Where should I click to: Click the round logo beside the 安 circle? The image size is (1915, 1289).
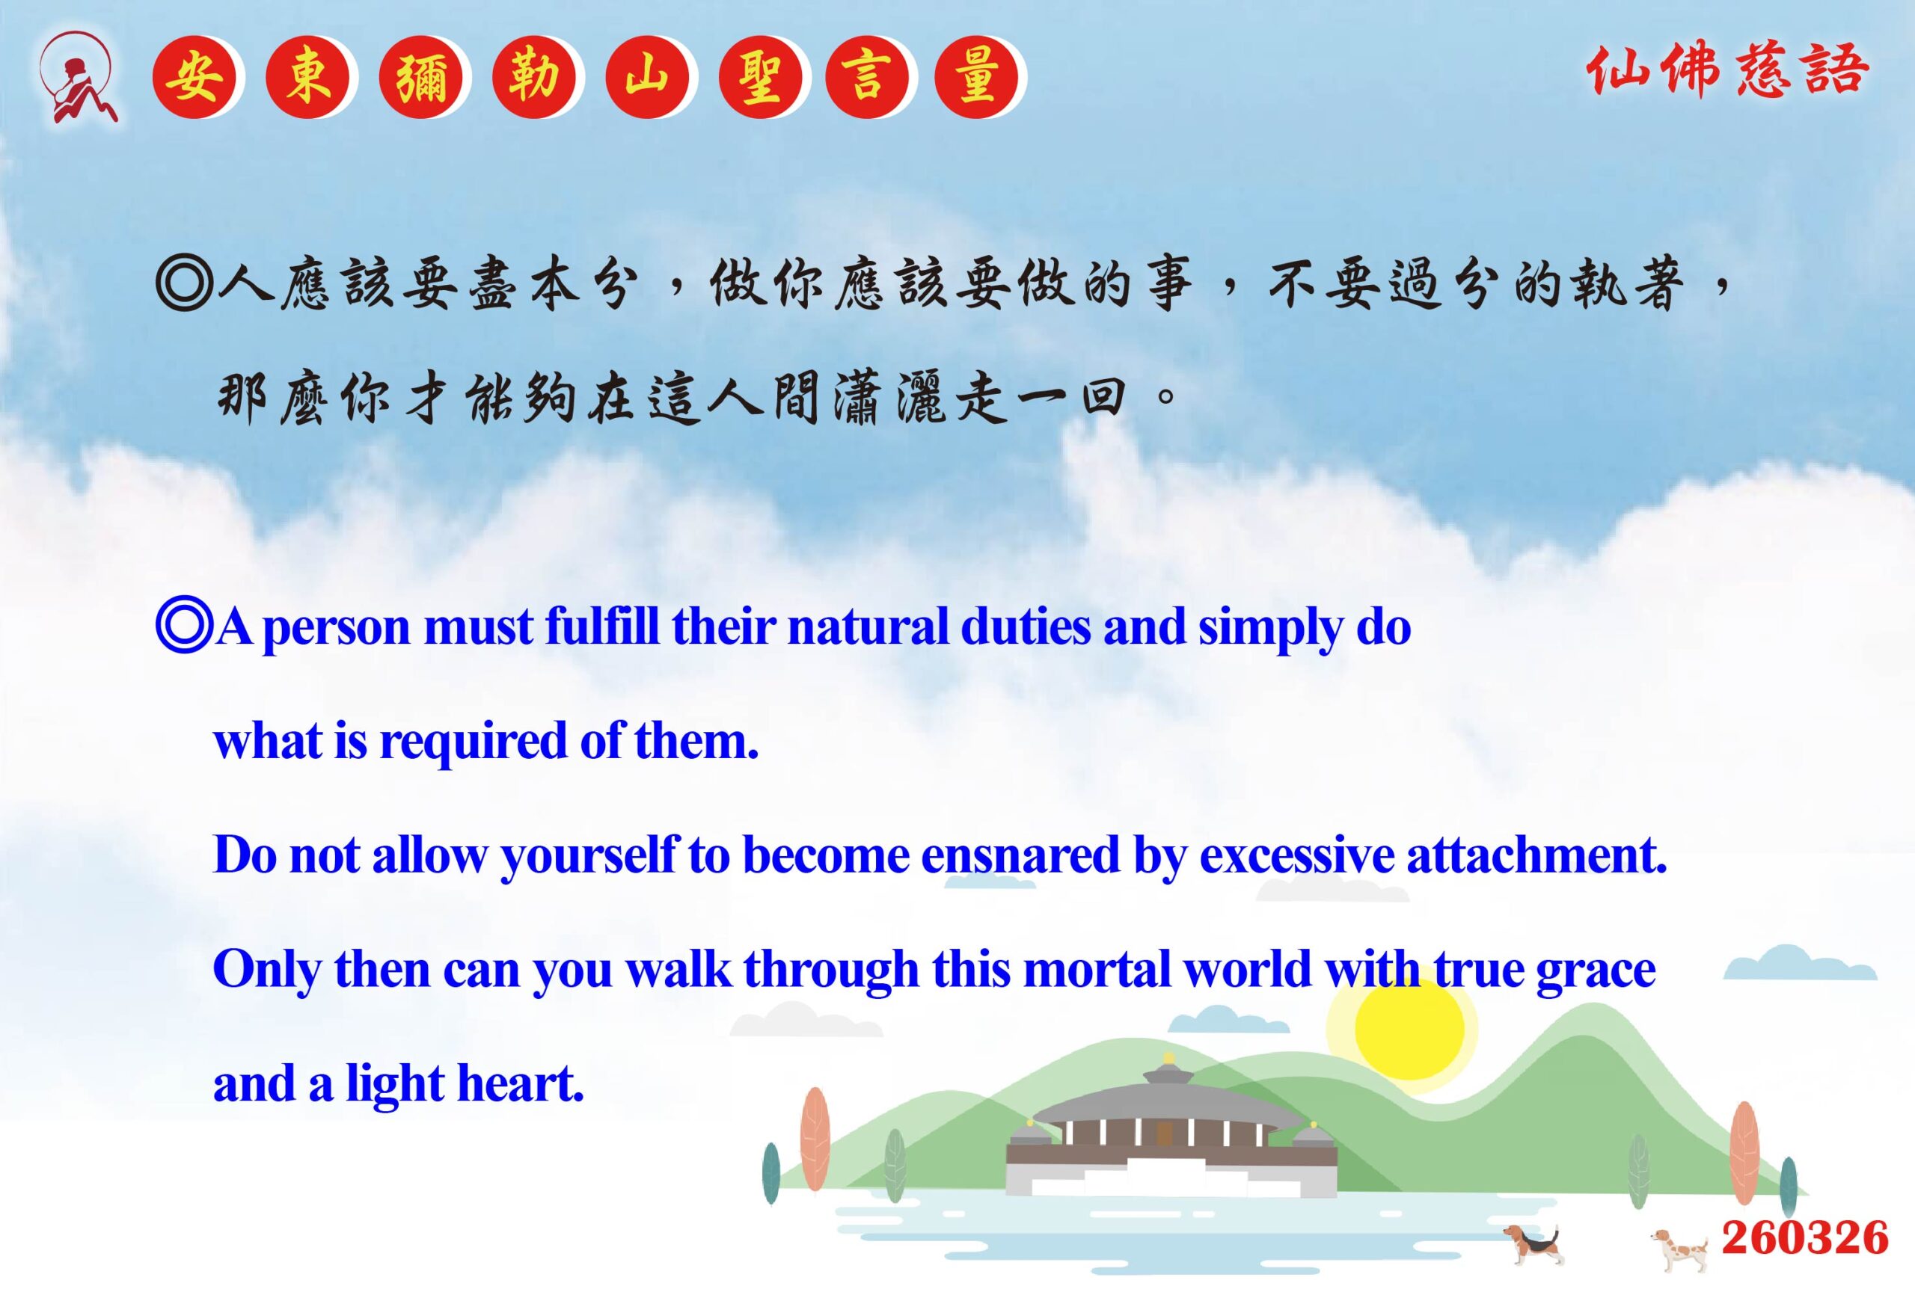click(x=78, y=77)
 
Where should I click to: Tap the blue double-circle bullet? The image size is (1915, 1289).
click(x=184, y=627)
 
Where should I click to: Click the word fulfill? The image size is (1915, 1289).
click(x=602, y=627)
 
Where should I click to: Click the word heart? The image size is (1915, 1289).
click(x=521, y=1083)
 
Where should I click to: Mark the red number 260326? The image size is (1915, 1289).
click(x=1805, y=1238)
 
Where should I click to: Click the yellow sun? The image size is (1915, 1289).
click(x=1410, y=1028)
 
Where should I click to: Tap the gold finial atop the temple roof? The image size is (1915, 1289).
click(x=1168, y=1059)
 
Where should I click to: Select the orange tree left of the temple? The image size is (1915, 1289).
click(x=815, y=1139)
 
